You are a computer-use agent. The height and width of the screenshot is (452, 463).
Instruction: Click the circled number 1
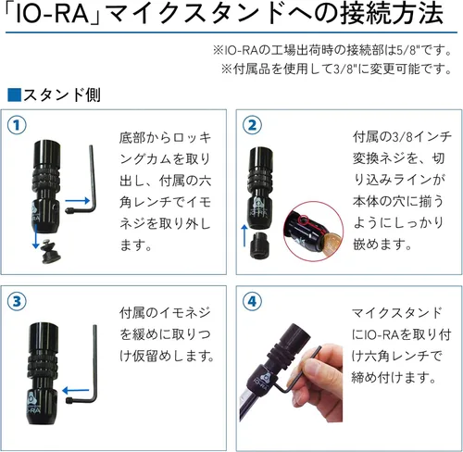17,125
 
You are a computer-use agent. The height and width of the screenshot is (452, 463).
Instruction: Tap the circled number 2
252,125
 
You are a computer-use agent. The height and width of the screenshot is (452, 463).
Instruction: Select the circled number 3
17,301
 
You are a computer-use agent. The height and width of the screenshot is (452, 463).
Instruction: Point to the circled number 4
252,301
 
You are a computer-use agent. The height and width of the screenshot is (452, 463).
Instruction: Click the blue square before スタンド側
14,94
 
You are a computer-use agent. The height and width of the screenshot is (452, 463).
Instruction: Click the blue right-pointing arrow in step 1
77,201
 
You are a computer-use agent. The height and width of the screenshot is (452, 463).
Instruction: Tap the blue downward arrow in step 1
36,236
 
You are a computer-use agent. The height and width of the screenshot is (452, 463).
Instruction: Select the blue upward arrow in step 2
244,235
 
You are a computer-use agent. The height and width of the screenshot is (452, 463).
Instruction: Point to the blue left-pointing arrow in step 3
76,391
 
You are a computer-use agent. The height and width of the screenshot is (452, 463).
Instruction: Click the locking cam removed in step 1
51,253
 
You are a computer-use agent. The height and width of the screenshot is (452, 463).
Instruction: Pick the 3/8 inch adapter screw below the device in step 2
259,246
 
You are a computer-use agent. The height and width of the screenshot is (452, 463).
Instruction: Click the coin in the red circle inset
331,242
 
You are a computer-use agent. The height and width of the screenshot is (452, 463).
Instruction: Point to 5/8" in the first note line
407,50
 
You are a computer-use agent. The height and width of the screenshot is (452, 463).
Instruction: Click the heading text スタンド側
62,94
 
